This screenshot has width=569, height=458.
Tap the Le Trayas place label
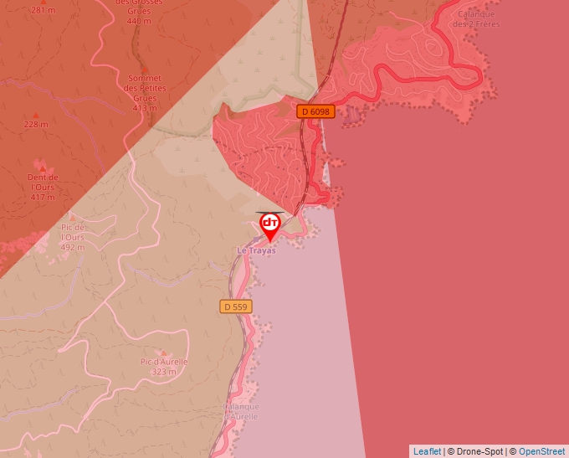256,250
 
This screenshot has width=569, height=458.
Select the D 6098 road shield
315,111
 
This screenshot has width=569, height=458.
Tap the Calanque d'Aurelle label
241,411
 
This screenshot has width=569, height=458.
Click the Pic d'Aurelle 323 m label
164,367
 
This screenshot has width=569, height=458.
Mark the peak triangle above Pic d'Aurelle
164,353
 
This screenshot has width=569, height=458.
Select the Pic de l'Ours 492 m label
73,237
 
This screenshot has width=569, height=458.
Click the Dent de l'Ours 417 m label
43,188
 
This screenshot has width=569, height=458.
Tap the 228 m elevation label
35,124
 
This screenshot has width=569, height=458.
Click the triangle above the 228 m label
35,114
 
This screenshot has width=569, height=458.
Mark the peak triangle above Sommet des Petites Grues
144,69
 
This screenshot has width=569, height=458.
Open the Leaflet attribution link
427,451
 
